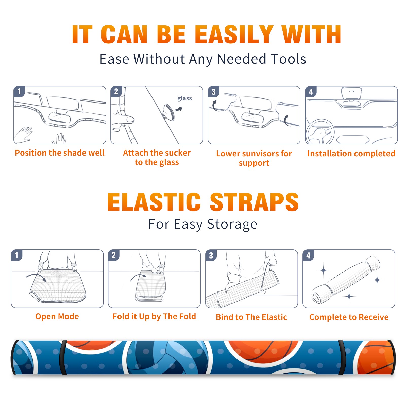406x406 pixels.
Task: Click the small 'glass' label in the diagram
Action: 184,98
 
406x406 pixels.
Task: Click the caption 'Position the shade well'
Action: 60,153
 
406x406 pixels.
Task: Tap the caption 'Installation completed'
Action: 351,154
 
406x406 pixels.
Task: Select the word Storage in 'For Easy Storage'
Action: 232,224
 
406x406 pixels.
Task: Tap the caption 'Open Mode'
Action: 57,316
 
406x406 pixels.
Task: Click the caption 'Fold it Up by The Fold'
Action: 154,316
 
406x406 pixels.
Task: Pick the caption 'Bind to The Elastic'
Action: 251,317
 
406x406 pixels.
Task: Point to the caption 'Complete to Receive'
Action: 349,317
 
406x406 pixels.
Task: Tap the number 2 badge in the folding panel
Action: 113,255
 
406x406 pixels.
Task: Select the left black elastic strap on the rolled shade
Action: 63,358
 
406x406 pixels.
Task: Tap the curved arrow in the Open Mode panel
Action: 36,277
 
